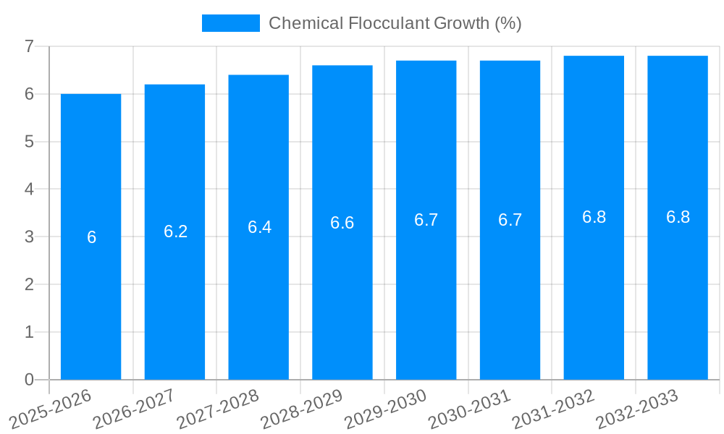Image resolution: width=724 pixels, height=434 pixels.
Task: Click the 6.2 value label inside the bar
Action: click(x=175, y=231)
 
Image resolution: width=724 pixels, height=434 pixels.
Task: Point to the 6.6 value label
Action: click(x=342, y=223)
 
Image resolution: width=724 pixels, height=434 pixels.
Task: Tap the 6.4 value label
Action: click(x=259, y=227)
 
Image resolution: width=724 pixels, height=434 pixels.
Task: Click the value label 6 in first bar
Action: click(x=91, y=237)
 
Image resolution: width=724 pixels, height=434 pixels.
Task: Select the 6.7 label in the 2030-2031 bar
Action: click(x=510, y=220)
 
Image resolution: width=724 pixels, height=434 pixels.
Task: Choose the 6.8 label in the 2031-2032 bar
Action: click(x=594, y=217)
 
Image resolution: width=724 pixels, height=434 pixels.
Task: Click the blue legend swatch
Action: click(x=230, y=23)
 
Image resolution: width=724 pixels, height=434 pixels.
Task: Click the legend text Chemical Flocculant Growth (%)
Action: click(x=395, y=23)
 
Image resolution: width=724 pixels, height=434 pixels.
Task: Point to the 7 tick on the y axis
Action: click(x=29, y=46)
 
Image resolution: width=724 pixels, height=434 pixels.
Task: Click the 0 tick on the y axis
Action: click(x=29, y=380)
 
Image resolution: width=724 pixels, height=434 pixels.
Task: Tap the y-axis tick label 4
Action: click(x=29, y=189)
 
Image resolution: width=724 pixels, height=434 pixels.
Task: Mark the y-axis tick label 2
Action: click(x=29, y=284)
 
